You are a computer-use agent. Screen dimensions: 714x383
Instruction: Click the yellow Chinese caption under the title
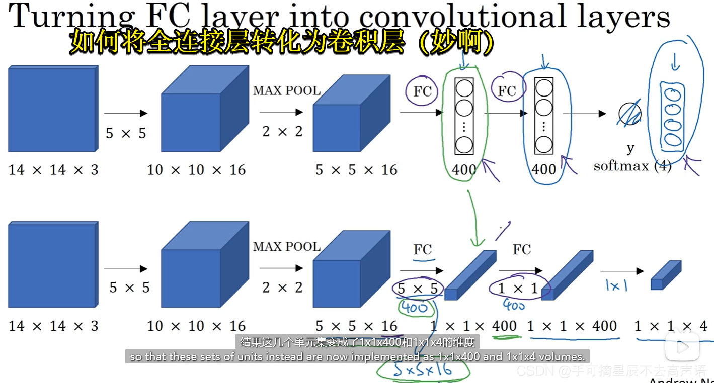(x=282, y=43)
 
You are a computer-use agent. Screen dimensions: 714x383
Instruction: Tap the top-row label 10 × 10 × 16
(x=196, y=170)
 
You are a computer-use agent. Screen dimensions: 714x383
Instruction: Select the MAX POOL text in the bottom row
(x=287, y=247)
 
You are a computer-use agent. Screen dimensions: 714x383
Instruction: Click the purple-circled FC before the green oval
(x=423, y=91)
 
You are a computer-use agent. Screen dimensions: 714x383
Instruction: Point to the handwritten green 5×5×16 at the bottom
(x=423, y=370)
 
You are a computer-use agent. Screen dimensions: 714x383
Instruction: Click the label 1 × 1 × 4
(x=671, y=326)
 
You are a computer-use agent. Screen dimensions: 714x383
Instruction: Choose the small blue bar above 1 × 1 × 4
(x=666, y=275)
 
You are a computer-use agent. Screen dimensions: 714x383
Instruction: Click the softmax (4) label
(x=632, y=166)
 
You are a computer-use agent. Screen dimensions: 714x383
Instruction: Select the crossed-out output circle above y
(x=630, y=114)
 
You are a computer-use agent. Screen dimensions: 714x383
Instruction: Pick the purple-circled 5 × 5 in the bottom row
(x=418, y=289)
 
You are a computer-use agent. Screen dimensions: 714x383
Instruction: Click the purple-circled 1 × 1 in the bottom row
(x=518, y=289)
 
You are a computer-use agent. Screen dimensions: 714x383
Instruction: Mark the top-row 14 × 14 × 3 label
(x=53, y=170)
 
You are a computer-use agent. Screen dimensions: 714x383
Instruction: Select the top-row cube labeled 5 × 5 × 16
(x=351, y=114)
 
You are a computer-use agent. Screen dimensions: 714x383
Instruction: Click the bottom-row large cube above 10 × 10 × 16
(x=204, y=265)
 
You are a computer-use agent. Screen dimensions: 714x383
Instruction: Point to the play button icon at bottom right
(x=683, y=346)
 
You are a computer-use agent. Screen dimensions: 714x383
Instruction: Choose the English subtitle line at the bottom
(x=357, y=357)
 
